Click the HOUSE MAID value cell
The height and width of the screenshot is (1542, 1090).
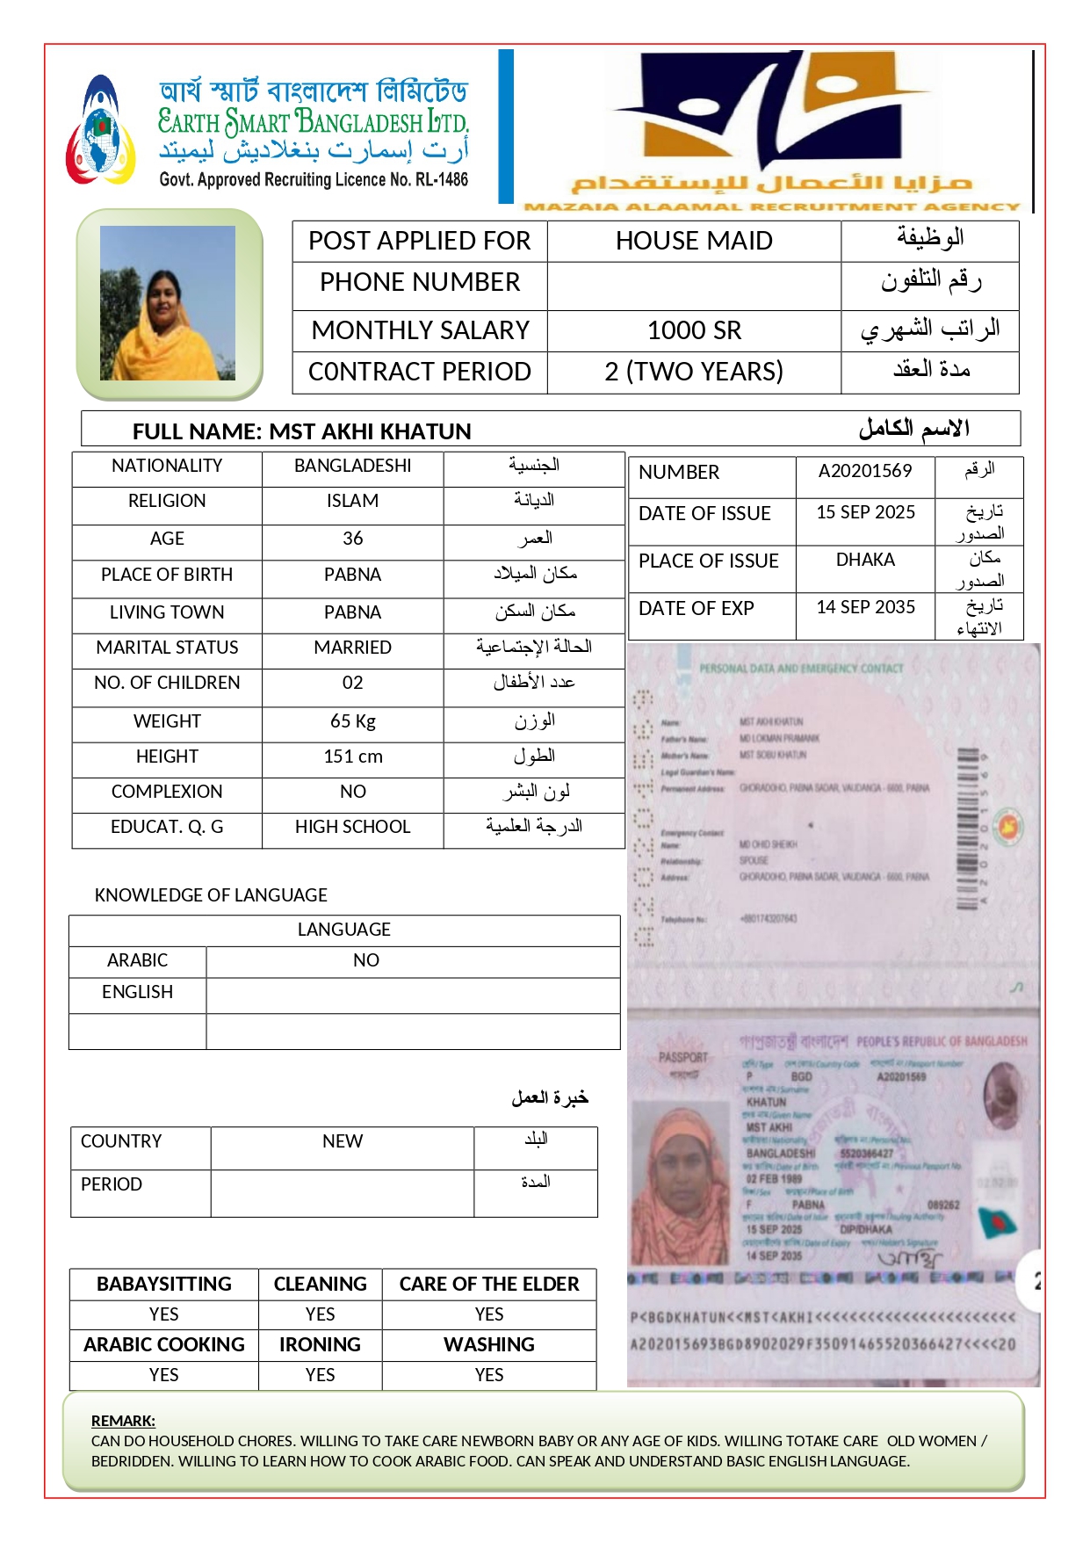point(694,241)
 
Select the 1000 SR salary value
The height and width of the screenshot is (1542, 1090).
point(694,330)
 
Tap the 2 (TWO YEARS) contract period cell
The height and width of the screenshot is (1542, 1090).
point(694,372)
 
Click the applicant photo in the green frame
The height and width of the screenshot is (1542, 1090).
point(168,303)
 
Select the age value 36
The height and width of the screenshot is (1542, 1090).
point(352,539)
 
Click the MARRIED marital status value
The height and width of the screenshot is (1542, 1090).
point(352,648)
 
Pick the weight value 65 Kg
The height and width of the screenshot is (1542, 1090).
point(352,721)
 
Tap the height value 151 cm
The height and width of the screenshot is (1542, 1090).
point(352,757)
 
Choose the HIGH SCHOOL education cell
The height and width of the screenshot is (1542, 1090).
point(352,827)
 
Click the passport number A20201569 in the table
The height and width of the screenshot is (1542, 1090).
point(865,471)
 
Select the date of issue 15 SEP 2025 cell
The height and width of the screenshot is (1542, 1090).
point(865,512)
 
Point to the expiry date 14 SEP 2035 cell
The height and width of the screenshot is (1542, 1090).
point(865,607)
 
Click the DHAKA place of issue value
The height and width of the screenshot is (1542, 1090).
point(865,560)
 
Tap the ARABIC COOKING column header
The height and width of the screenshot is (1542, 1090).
point(164,1344)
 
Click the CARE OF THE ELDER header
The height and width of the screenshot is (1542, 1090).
point(489,1284)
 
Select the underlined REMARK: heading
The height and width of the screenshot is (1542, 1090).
point(123,1421)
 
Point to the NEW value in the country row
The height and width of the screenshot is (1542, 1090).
point(342,1141)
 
